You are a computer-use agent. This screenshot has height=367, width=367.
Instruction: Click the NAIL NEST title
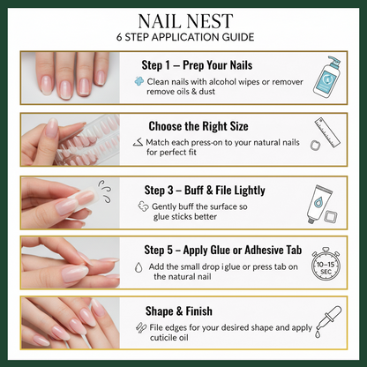pyautogui.click(x=183, y=21)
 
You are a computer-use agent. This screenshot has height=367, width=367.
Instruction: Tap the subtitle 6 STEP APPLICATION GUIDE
pyautogui.click(x=183, y=38)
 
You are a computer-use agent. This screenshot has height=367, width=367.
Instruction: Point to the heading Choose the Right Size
pyautogui.click(x=200, y=125)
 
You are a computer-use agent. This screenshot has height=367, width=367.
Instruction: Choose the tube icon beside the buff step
pyautogui.click(x=321, y=202)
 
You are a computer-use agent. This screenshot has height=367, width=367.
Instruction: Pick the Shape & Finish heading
pyautogui.click(x=179, y=311)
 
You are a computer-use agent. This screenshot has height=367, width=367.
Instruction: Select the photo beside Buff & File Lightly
pyautogui.click(x=75, y=202)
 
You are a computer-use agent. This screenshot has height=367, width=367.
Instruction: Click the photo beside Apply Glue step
pyautogui.click(x=75, y=263)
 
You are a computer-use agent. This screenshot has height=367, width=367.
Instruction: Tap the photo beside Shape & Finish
pyautogui.click(x=75, y=323)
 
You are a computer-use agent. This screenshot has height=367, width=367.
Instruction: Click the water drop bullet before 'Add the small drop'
pyautogui.click(x=139, y=266)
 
